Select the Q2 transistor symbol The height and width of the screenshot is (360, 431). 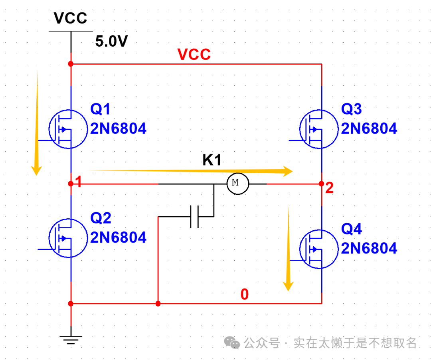[x=68, y=238]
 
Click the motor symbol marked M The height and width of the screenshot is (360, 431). [x=238, y=184]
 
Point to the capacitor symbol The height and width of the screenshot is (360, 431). [x=195, y=217]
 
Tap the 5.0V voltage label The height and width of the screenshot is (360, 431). [x=111, y=42]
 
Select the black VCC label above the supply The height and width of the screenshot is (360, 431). [x=71, y=18]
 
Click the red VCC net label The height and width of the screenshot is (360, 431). [x=194, y=55]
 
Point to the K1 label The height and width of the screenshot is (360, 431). [x=212, y=160]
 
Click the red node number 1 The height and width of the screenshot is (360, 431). [x=79, y=182]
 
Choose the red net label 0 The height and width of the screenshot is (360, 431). [x=244, y=295]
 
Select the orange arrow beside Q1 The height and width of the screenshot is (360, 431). [x=37, y=124]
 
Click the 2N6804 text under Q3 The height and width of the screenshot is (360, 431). [x=369, y=129]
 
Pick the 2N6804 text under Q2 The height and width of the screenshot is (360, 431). [x=119, y=238]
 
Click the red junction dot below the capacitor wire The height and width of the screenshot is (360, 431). [x=158, y=304]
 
